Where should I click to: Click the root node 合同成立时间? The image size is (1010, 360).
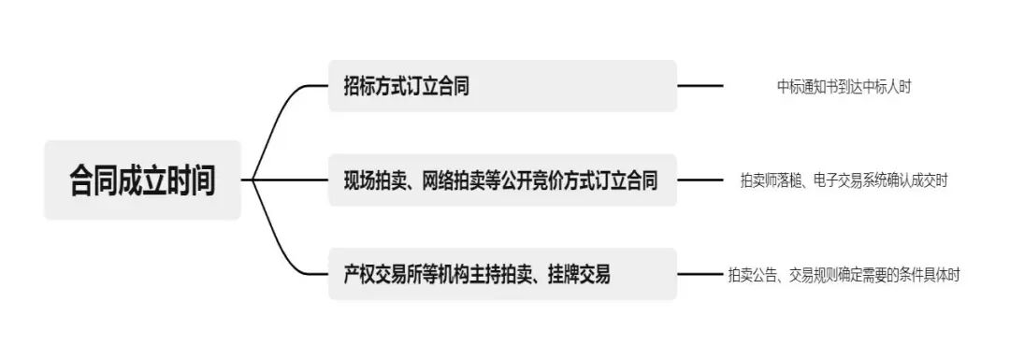click(142, 180)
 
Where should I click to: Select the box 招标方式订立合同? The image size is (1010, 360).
click(502, 86)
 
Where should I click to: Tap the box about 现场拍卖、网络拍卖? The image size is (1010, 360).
click(502, 180)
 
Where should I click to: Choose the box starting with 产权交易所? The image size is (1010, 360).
click(502, 274)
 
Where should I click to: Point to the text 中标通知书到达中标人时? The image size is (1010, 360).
click(844, 86)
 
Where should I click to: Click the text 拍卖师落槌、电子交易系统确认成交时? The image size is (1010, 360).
click(844, 180)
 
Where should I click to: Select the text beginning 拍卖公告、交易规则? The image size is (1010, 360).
click(844, 275)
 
